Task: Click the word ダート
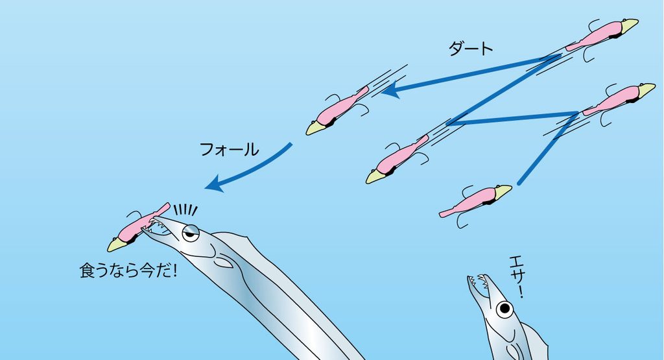471,49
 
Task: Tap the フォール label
229,149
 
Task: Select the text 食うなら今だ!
128,270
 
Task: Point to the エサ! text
517,277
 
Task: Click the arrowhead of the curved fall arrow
214,184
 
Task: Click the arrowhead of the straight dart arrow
390,90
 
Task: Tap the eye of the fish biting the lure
191,233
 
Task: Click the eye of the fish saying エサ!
504,309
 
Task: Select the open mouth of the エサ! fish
479,283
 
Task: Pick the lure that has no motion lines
475,202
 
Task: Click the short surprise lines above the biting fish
186,210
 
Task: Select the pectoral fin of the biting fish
224,263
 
